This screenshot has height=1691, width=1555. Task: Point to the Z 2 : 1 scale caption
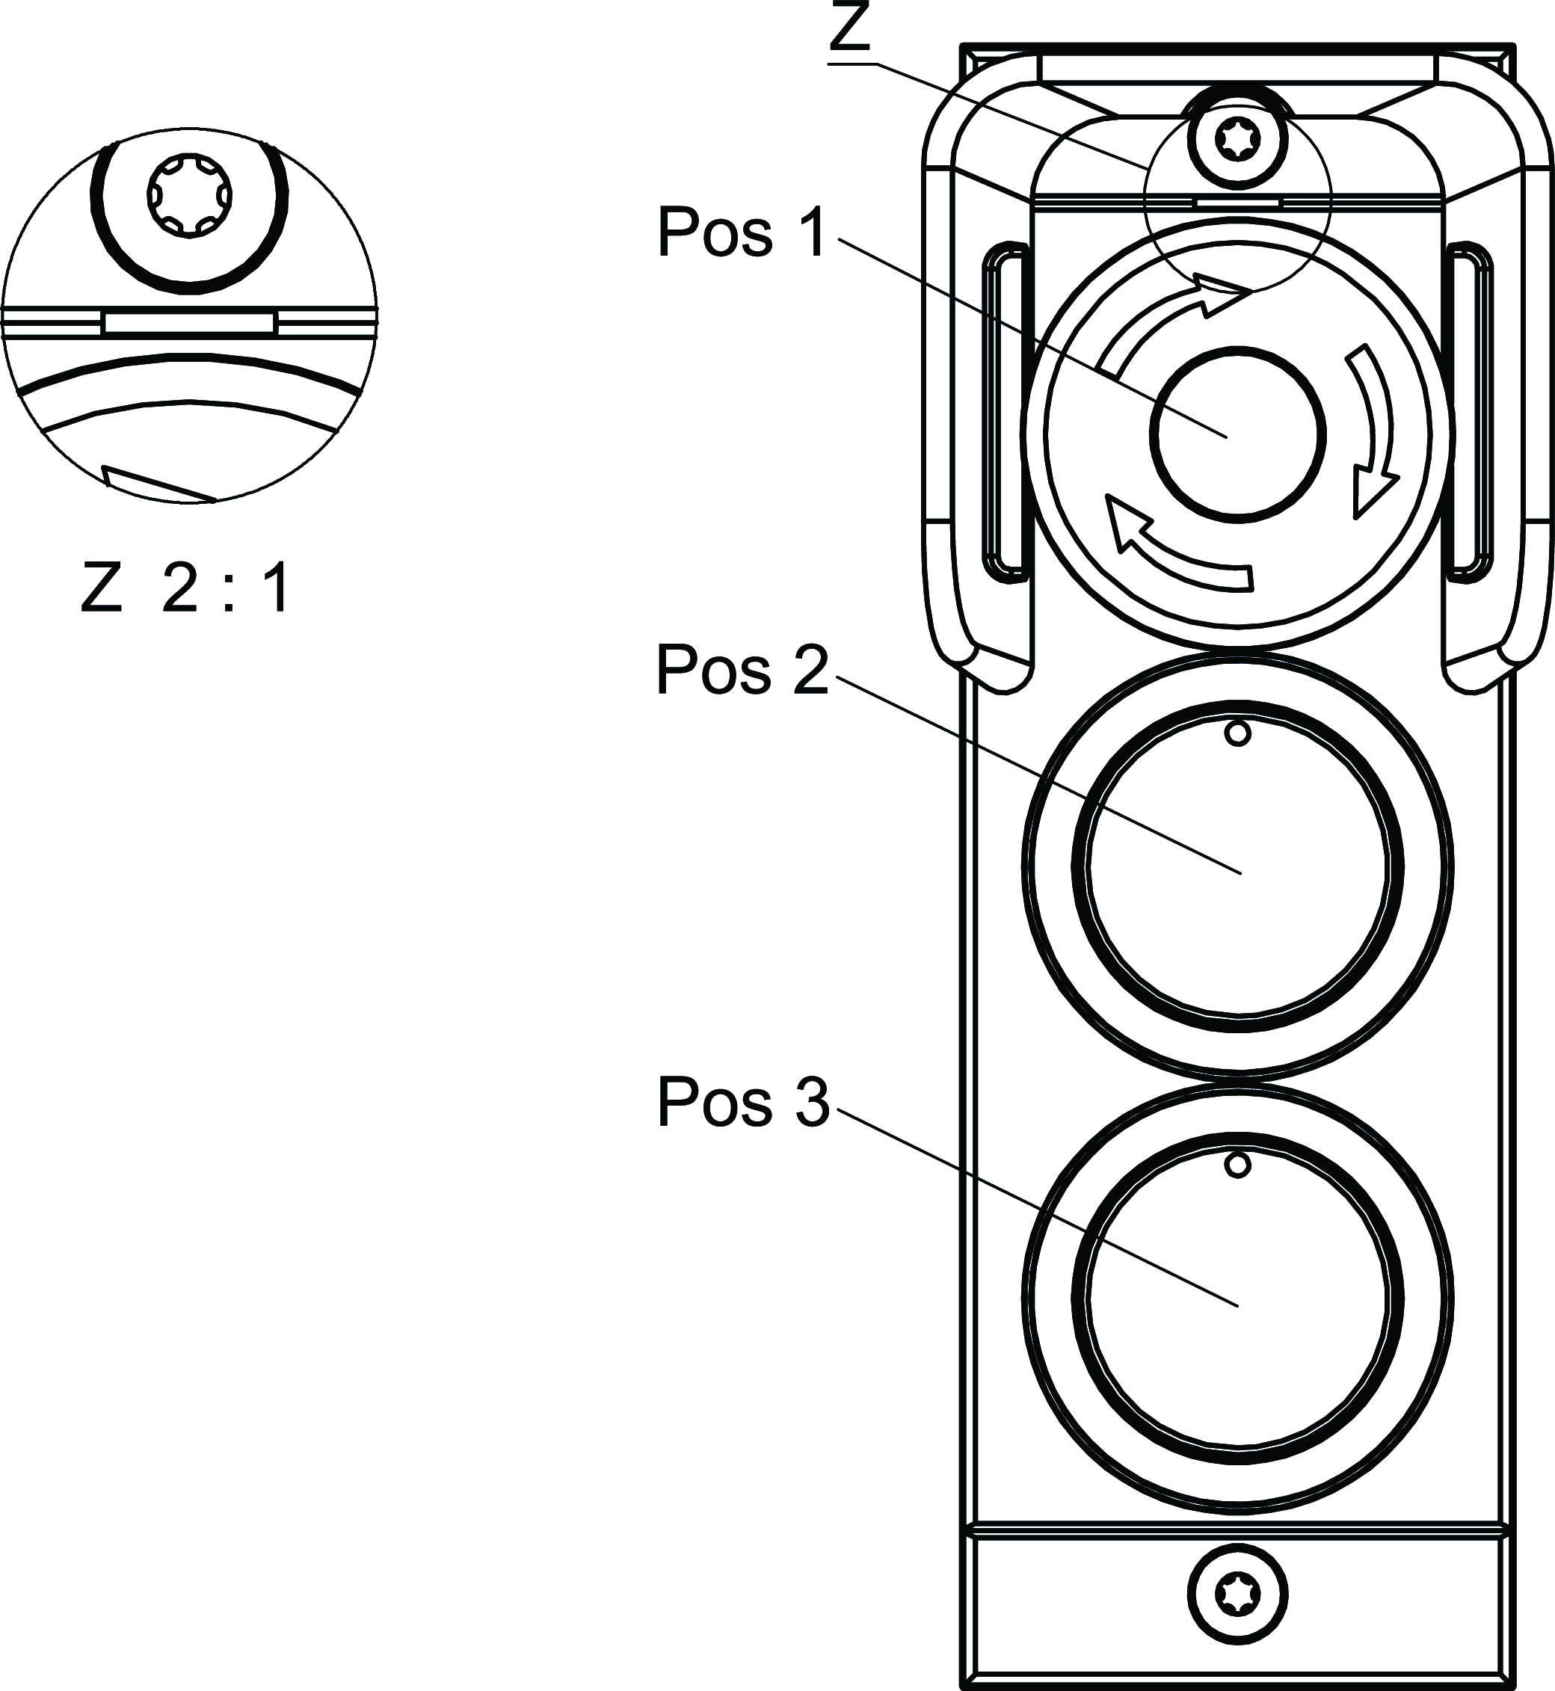coord(186,589)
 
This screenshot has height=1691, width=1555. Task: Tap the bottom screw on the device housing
coord(1237,1595)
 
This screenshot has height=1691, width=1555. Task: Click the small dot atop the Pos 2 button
coord(1237,733)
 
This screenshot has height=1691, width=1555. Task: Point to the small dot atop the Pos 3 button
coord(1237,1165)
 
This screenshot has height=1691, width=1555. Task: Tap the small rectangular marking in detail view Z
coord(188,322)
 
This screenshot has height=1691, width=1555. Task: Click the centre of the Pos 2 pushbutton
coord(1237,866)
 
